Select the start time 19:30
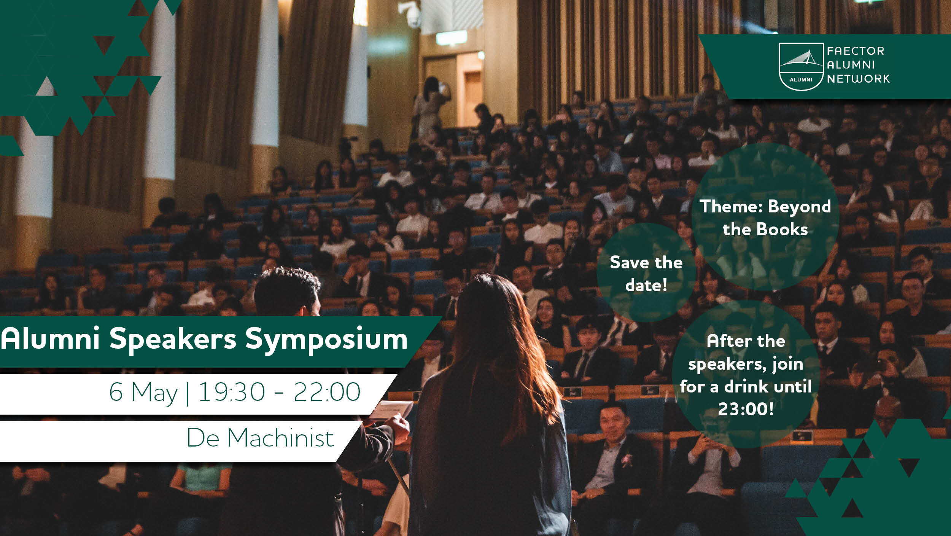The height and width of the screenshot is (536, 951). coord(232,392)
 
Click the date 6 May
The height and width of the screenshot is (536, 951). coord(143,393)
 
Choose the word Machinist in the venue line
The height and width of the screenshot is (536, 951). coord(281,438)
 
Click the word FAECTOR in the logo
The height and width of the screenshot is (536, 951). coord(856,51)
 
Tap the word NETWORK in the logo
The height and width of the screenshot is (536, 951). coord(858,79)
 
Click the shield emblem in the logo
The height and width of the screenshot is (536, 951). coord(801,67)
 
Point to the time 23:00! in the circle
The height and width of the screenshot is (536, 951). coord(746,409)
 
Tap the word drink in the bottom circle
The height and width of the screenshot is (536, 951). coord(747,386)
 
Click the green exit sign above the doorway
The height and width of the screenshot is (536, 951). coord(451,37)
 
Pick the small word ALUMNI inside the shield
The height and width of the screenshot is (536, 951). coord(801,80)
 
